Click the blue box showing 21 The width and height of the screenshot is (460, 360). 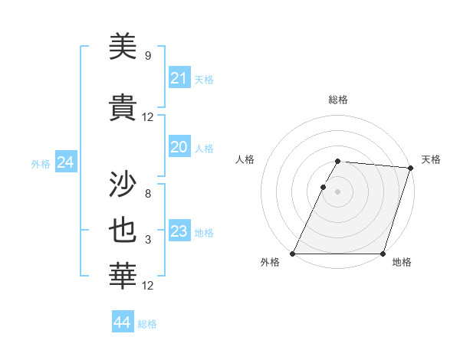coord(179,78)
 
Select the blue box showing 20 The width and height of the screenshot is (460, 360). coord(179,147)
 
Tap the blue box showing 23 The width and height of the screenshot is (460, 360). coord(179,231)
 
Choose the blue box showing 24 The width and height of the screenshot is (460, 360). coord(65,162)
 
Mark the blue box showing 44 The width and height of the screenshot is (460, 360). coord(122,322)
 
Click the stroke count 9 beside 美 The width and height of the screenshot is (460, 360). coord(148,56)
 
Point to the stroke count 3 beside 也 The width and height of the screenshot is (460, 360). coord(148,241)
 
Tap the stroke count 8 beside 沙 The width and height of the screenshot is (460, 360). coord(148,194)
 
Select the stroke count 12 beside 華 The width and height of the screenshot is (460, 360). coord(148,286)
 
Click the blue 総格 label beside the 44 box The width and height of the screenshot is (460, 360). coord(147,324)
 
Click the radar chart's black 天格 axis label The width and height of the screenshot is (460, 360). coord(431,159)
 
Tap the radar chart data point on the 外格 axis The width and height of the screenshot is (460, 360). coord(293,254)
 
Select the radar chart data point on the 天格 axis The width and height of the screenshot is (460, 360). coord(410,168)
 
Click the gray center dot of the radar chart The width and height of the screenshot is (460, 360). coord(337,191)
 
